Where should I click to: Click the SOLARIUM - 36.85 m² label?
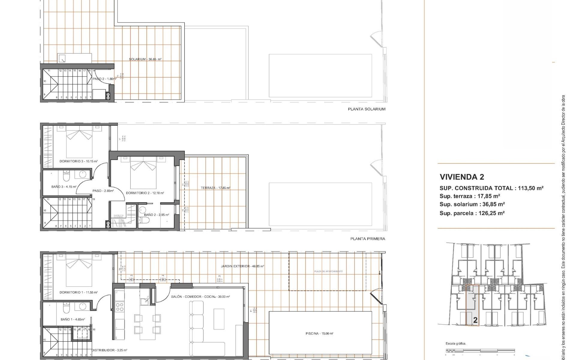[145, 59]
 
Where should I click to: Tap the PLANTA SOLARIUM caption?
[366, 109]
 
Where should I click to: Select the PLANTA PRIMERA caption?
[367, 239]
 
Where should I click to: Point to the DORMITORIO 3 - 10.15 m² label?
[79, 161]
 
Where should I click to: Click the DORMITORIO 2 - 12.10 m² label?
[145, 193]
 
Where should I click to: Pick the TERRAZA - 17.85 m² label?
[215, 188]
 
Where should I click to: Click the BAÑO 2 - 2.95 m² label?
[157, 215]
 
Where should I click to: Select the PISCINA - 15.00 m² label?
[319, 334]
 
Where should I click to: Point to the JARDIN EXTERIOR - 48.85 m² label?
[242, 266]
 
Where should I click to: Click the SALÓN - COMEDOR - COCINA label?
[200, 297]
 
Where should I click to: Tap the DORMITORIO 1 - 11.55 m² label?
[79, 292]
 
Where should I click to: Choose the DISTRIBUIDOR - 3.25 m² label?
[109, 350]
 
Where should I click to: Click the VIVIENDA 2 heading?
[462, 177]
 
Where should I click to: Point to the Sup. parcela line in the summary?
[472, 213]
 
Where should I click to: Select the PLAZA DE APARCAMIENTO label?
[328, 271]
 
